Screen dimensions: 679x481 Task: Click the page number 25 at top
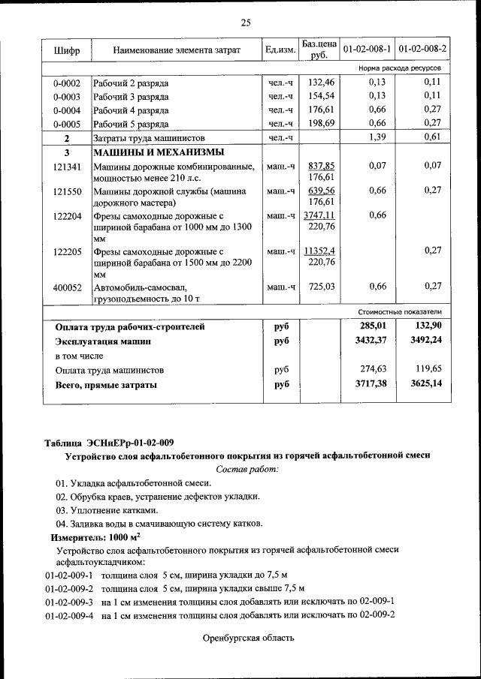click(x=245, y=21)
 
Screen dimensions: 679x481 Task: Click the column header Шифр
click(x=67, y=50)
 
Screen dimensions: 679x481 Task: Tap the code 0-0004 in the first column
click(x=67, y=110)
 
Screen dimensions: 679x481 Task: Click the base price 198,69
click(x=321, y=124)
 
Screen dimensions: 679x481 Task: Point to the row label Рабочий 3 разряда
click(x=131, y=97)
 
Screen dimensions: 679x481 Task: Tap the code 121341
click(x=67, y=166)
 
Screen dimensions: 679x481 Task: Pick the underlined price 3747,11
click(x=320, y=215)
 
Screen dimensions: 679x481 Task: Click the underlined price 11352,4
click(x=320, y=251)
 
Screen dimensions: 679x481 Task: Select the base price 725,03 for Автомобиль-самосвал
click(x=321, y=287)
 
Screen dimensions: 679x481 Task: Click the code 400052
click(x=67, y=287)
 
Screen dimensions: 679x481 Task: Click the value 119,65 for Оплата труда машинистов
click(x=428, y=369)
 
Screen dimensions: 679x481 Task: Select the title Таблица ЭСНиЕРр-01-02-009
click(x=113, y=442)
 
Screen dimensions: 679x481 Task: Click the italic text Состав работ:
click(x=247, y=469)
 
